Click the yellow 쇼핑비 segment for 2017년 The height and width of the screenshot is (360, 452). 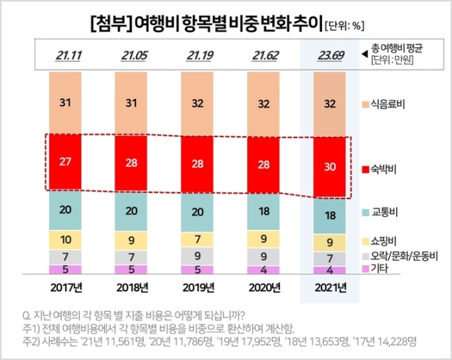(x=66, y=240)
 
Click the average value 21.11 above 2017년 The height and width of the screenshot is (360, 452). (x=66, y=55)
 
